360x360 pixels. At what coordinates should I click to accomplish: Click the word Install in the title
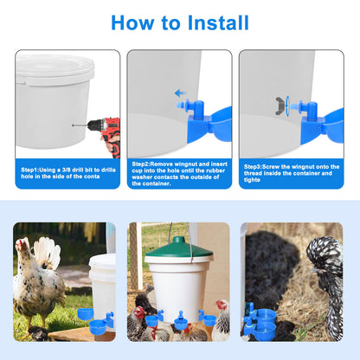[x=218, y=22]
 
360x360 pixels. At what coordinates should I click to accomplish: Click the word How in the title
[x=132, y=22]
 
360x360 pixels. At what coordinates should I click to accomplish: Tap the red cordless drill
[x=106, y=134]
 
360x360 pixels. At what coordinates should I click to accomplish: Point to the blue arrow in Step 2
[x=181, y=93]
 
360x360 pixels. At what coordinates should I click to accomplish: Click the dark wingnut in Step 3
[x=280, y=106]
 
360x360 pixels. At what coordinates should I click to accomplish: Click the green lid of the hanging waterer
[x=179, y=247]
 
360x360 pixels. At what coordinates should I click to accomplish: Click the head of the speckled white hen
[x=22, y=246]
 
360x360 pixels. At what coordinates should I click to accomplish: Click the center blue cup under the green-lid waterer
[x=181, y=321]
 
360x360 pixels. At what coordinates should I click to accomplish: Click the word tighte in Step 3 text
[x=252, y=180]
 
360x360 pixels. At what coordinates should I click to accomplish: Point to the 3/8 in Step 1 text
[x=66, y=170]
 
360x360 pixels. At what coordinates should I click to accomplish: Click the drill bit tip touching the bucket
[x=73, y=125]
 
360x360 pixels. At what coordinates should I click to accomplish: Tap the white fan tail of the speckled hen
[x=47, y=251]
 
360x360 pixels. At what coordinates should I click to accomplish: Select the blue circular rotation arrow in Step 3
[x=287, y=106]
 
